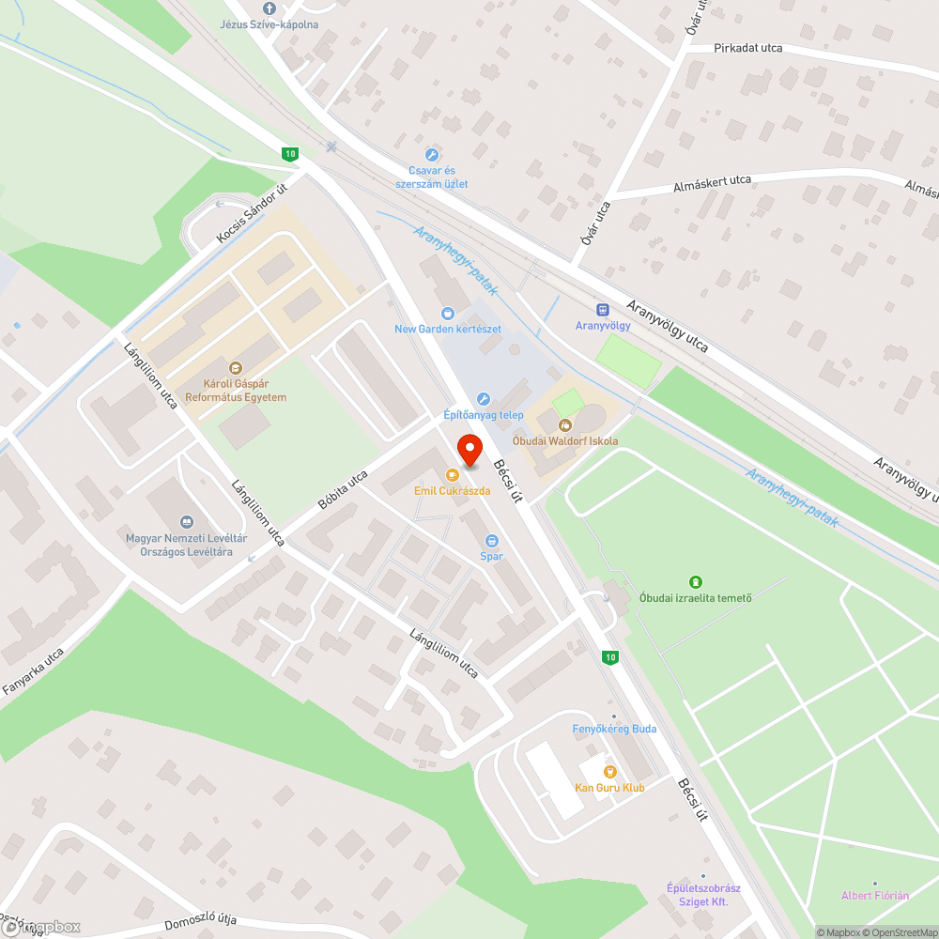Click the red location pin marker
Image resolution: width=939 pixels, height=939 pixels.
(x=469, y=449)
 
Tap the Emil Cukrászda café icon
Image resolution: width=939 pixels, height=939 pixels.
(x=453, y=475)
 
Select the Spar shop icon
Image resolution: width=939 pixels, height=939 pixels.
(x=491, y=540)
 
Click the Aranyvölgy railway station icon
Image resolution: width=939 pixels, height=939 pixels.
(x=602, y=310)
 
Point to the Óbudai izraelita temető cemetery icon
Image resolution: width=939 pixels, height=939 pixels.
(x=695, y=582)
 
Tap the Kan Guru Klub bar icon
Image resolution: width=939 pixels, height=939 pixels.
(x=610, y=771)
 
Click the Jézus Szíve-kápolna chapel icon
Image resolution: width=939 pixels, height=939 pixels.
(x=269, y=8)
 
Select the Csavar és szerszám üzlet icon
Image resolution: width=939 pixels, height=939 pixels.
(x=432, y=155)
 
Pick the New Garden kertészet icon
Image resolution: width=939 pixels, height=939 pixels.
(x=448, y=313)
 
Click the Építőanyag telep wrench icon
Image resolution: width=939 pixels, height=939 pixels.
(x=484, y=399)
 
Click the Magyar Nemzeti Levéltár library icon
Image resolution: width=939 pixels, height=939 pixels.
(x=186, y=521)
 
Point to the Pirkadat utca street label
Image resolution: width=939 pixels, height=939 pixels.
(x=747, y=48)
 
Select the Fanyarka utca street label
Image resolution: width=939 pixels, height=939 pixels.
(x=33, y=670)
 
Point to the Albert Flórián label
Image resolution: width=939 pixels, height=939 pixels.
(x=875, y=895)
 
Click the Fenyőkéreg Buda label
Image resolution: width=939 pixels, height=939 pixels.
(x=614, y=729)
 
